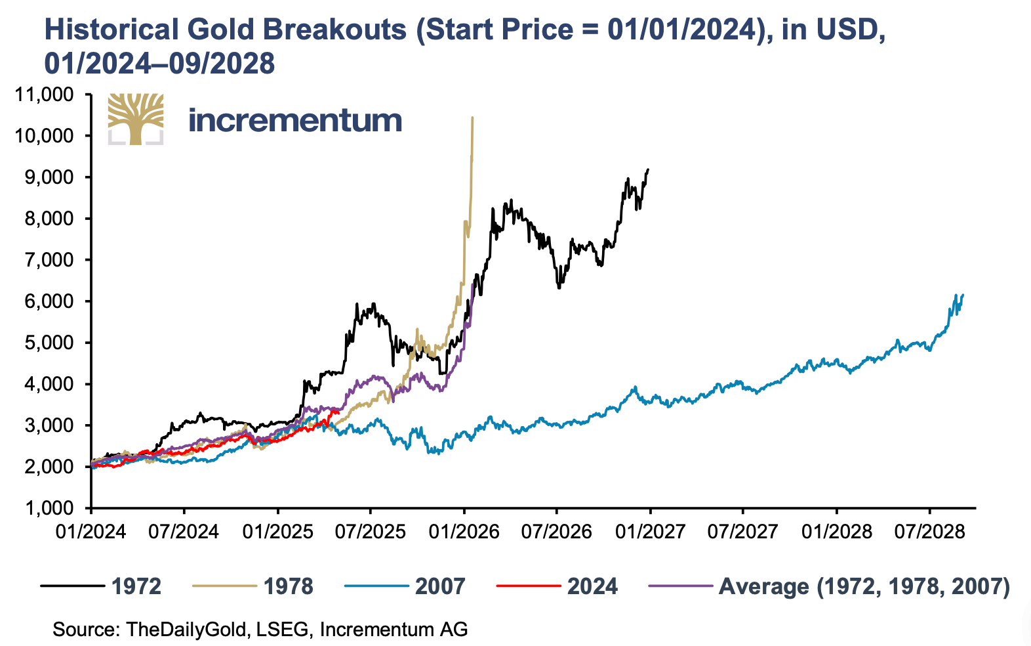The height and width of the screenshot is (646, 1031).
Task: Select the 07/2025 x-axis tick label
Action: tap(370, 531)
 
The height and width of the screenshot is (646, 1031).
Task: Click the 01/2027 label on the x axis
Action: tap(649, 531)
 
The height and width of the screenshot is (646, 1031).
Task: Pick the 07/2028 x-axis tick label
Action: tap(929, 531)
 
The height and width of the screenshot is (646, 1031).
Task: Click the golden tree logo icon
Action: tap(136, 119)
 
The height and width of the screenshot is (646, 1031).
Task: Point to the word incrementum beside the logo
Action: tap(295, 120)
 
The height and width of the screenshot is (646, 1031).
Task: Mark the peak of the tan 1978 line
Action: tap(472, 118)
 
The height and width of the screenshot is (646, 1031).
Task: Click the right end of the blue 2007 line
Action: tap(963, 295)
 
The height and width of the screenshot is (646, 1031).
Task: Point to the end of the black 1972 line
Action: tap(648, 169)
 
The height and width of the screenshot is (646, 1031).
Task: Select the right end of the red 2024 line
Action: tap(338, 410)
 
